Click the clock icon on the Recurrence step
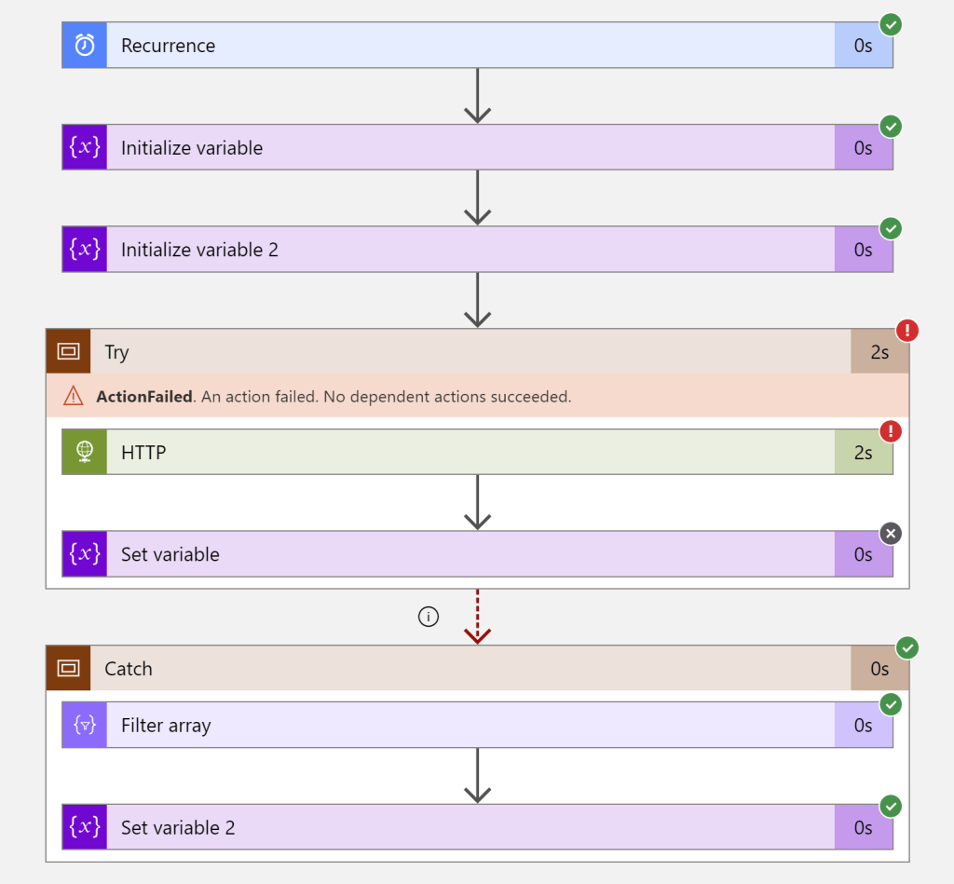85,46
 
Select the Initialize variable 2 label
199,250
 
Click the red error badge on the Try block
906,330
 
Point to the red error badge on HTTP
891,431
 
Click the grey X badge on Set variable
891,534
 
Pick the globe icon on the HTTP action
85,452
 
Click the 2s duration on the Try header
879,352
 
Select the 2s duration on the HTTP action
863,453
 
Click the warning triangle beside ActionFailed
73,396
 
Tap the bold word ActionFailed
144,396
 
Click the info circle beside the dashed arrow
428,617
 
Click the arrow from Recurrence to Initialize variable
477,96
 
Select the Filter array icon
85,726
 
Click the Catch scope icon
68,668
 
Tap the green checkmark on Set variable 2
891,806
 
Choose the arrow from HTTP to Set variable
477,503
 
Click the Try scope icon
68,351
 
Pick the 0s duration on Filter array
863,726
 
